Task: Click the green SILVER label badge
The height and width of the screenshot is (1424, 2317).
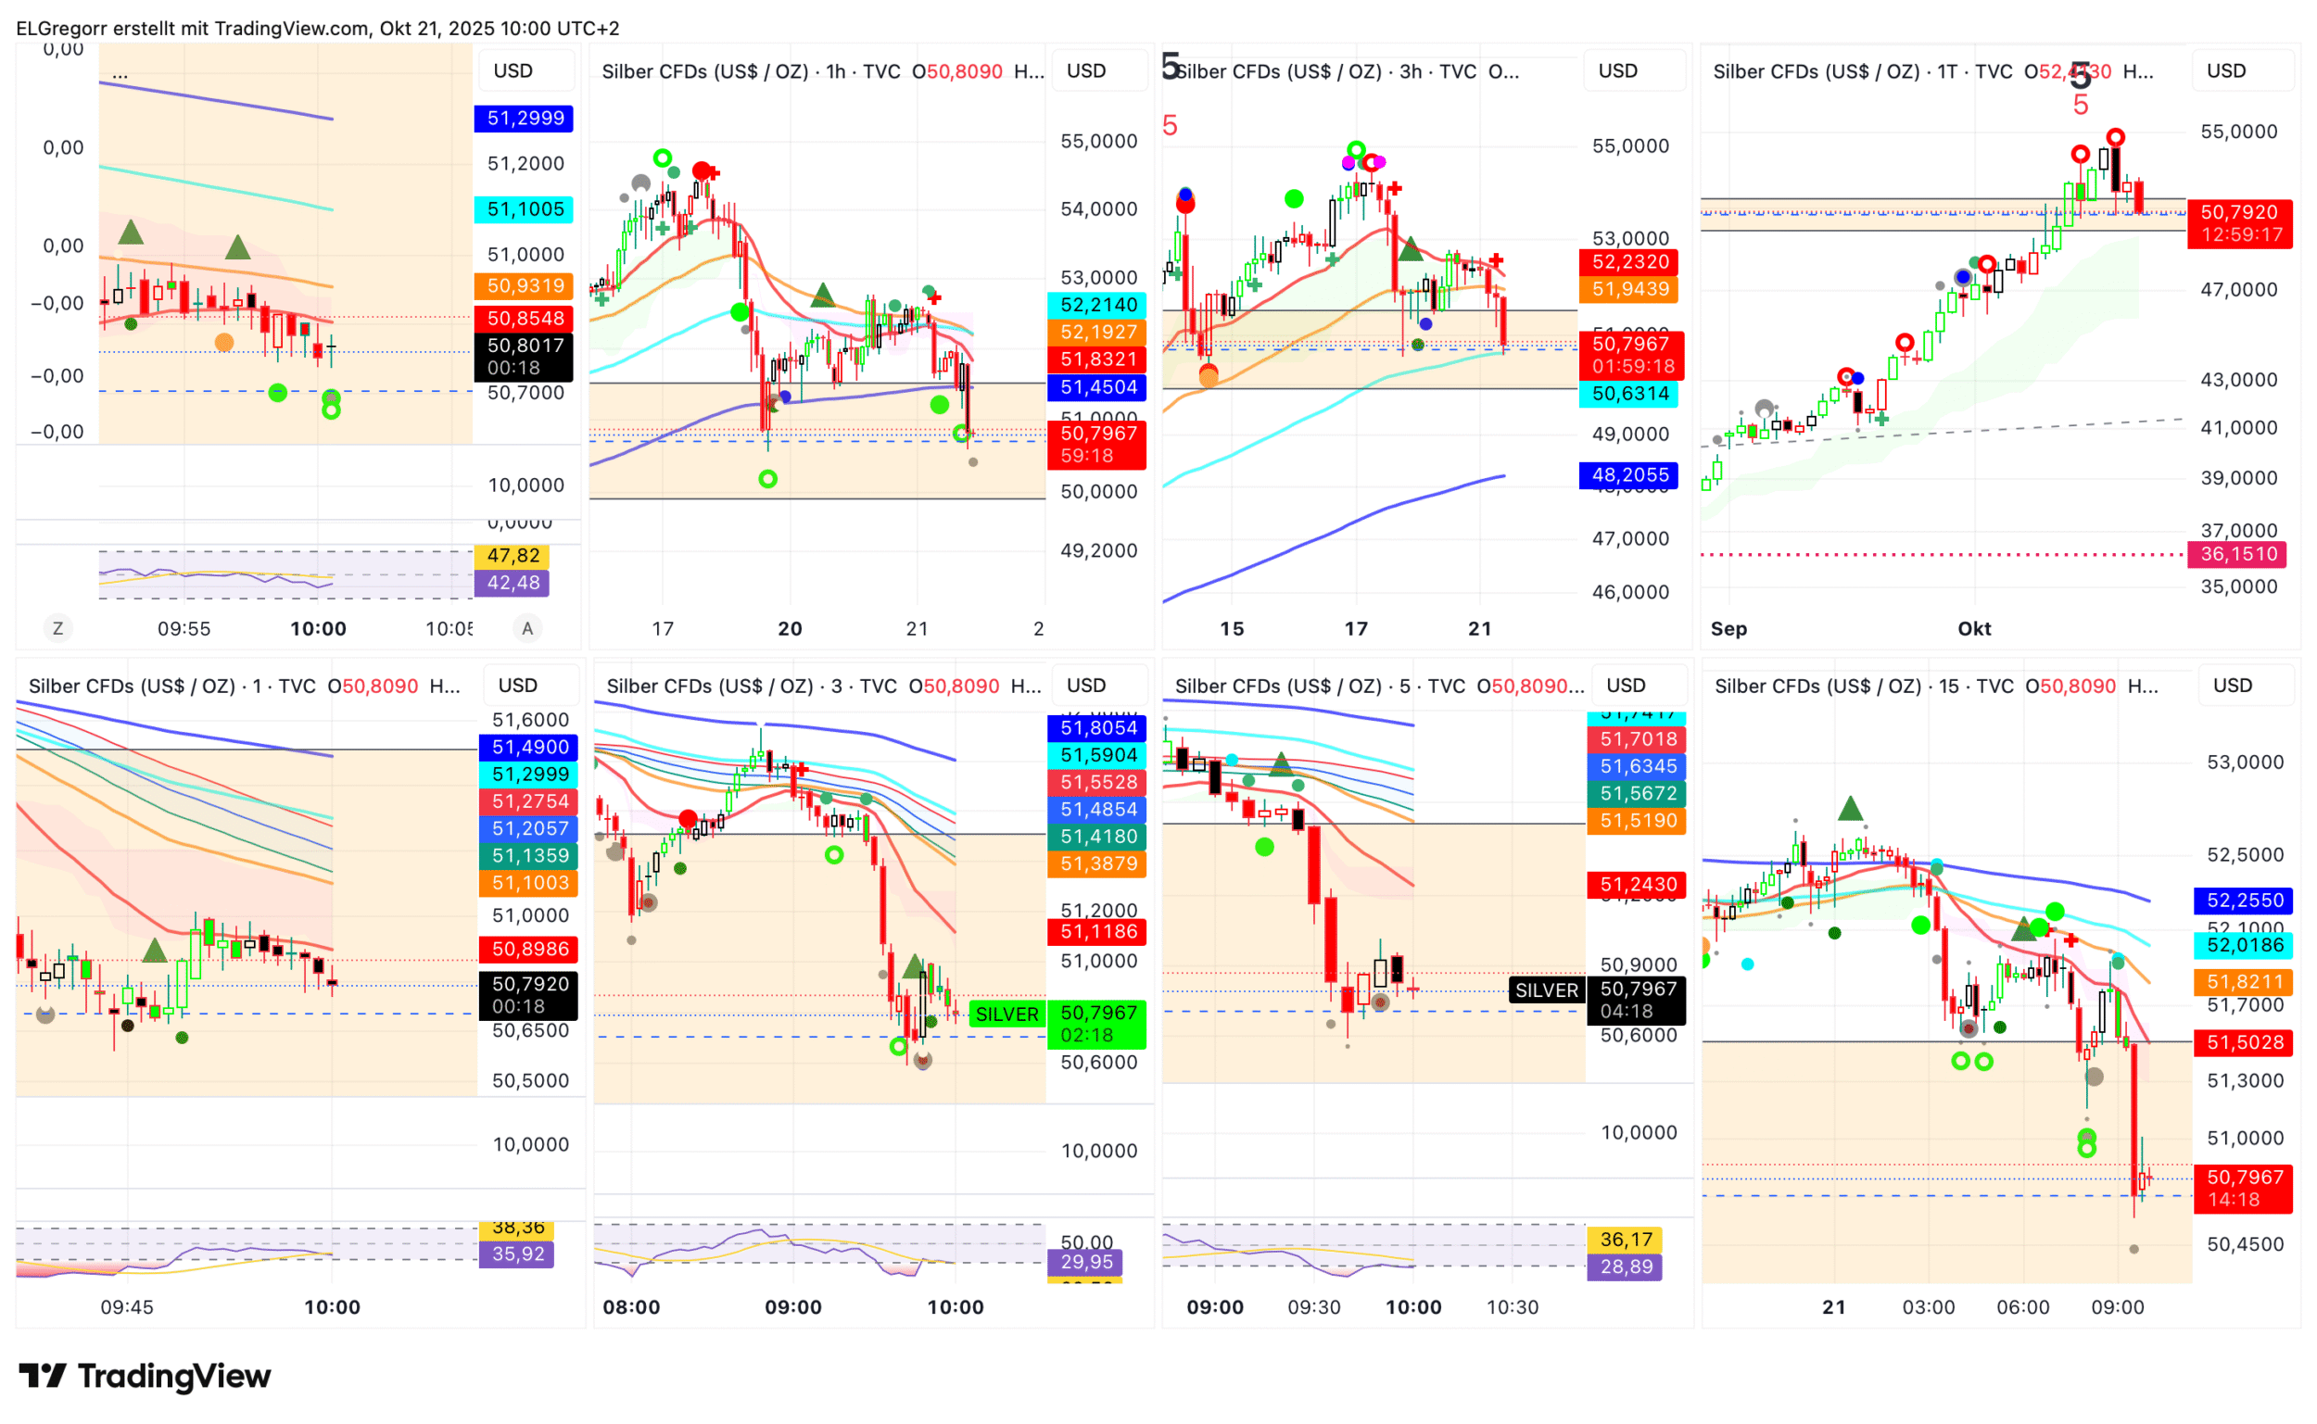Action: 1006,1014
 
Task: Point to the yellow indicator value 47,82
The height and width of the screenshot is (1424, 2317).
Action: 513,556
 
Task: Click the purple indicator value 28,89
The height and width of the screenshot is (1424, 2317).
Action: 1626,1266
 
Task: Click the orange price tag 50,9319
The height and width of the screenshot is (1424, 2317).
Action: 525,286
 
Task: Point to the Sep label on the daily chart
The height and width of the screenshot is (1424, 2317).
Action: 1728,628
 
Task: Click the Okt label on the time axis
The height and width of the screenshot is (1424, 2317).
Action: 1973,628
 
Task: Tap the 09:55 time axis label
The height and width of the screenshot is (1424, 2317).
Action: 184,628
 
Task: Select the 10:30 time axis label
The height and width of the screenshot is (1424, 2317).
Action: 1512,1306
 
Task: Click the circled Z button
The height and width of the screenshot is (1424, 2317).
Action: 58,628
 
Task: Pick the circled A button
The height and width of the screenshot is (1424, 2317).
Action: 527,628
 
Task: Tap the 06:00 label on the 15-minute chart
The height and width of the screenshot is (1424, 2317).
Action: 2022,1306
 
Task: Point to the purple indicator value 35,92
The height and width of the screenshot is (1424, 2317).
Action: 517,1254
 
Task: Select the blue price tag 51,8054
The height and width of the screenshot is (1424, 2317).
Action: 1097,728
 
